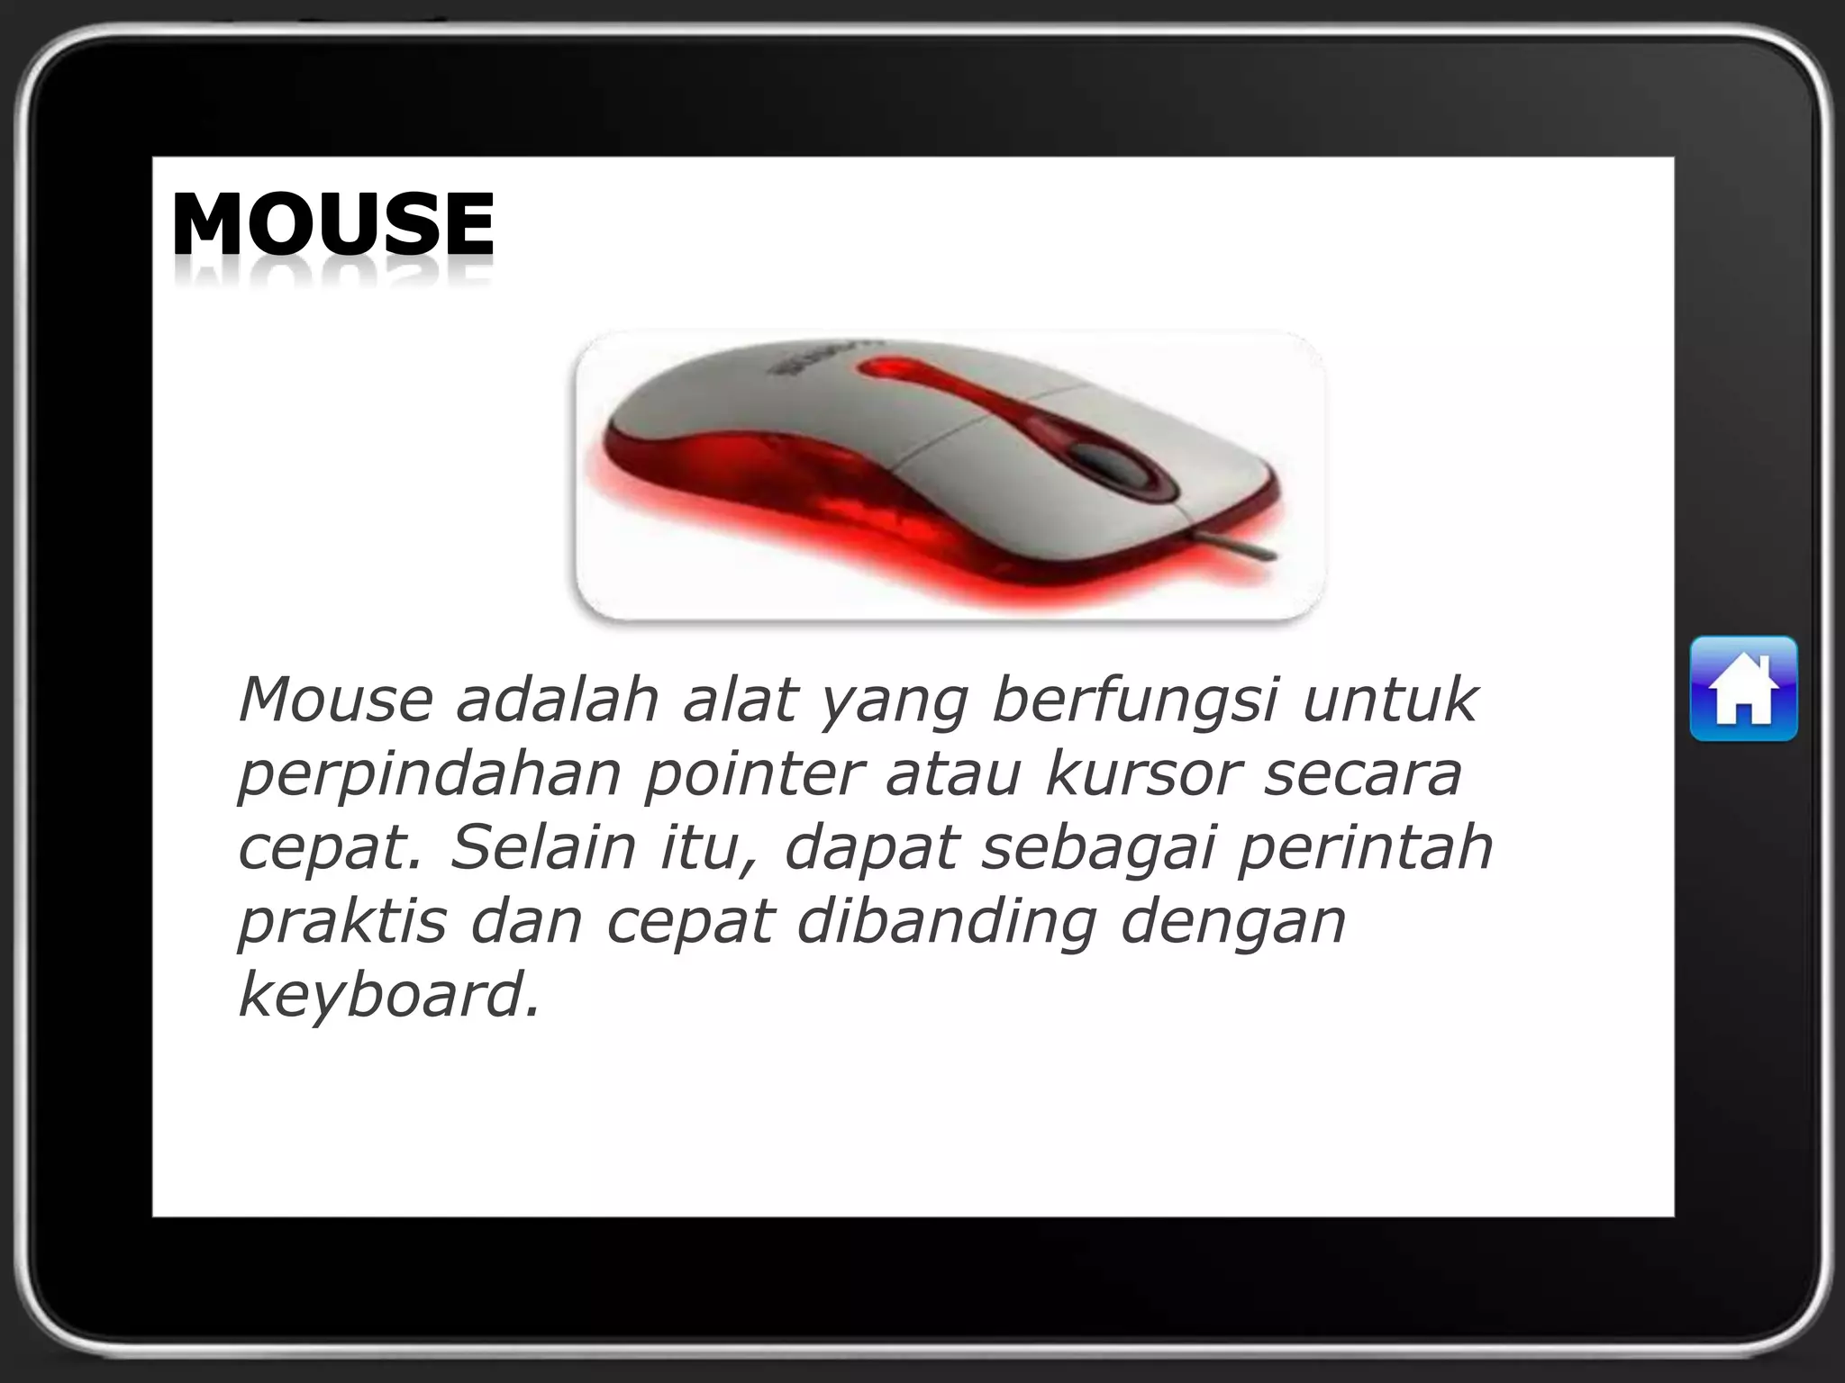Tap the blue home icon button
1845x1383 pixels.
(x=1743, y=689)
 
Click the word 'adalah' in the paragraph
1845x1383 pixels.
(x=557, y=700)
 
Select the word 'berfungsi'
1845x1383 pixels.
(x=1134, y=700)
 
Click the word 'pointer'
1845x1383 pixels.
(x=753, y=773)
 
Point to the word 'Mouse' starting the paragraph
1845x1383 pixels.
(x=335, y=700)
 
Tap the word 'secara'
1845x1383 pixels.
(x=1361, y=773)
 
